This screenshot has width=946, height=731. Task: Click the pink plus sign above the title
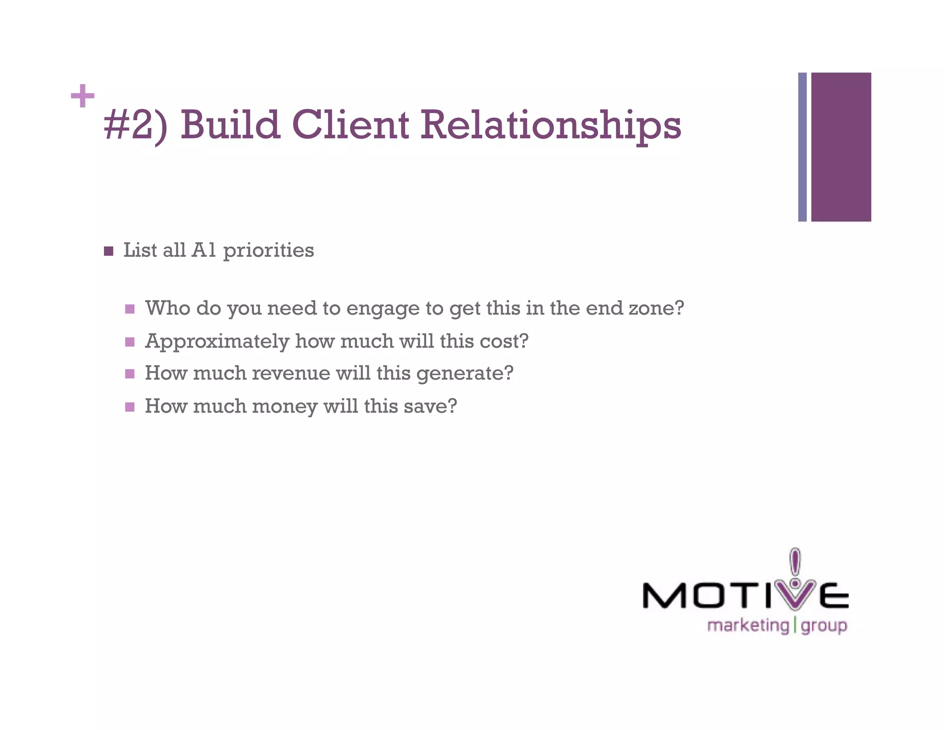(x=83, y=96)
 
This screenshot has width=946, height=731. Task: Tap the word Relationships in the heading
(x=550, y=125)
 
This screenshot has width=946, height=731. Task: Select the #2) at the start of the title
(x=135, y=125)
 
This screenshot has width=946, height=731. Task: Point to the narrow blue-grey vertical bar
(x=802, y=147)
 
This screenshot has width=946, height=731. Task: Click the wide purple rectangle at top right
(x=841, y=147)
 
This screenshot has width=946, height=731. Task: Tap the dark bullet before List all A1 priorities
(x=109, y=251)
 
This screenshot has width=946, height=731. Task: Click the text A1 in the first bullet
(x=204, y=250)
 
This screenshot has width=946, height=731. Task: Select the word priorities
(x=268, y=251)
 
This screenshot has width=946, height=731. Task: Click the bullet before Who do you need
(x=130, y=309)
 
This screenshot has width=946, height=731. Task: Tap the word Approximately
(x=217, y=342)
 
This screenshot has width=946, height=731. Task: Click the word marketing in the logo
(x=748, y=626)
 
